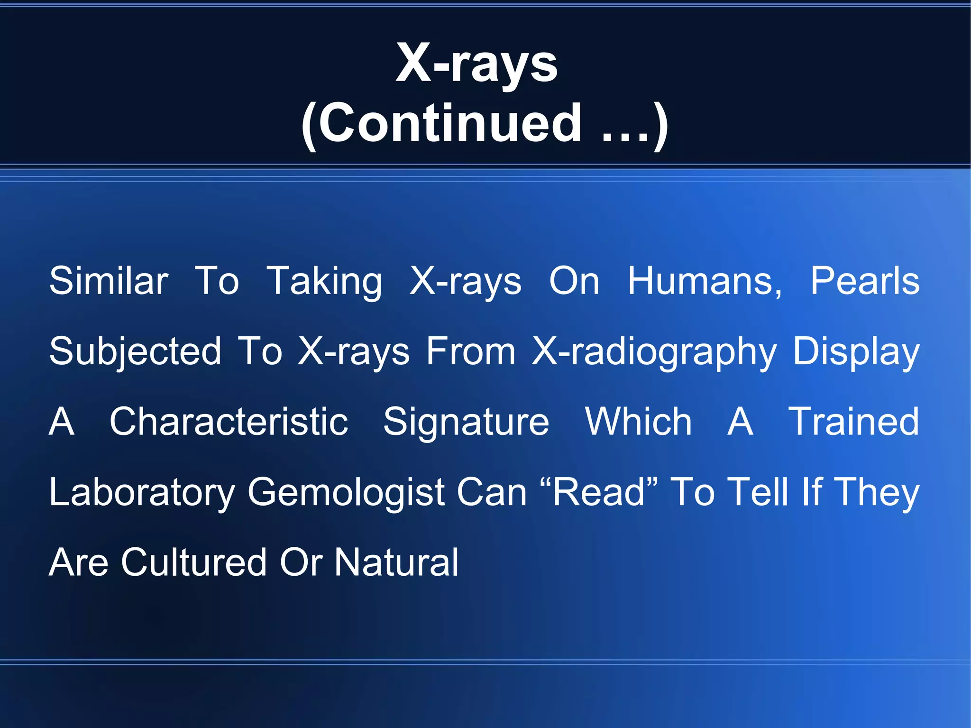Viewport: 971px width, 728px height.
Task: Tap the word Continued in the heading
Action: pos(450,124)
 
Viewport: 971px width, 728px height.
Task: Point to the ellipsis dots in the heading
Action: pos(625,137)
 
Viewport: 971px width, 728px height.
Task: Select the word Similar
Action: pos(109,281)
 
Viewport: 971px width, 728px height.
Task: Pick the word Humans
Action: pos(705,281)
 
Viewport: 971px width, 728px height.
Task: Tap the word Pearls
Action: pos(864,281)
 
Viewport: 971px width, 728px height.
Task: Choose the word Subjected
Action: pos(136,352)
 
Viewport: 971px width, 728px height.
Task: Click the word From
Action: pos(471,351)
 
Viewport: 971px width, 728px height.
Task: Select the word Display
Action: pos(856,352)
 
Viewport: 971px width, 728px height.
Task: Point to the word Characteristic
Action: pos(229,422)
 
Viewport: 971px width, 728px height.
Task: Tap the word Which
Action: pos(639,422)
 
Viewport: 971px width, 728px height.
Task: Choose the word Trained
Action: pos(853,422)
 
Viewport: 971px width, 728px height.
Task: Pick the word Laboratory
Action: pos(142,493)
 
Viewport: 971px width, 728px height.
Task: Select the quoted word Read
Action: pos(599,492)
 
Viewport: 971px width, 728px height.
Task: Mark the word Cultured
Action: pos(194,562)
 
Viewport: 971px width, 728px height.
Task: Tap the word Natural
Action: pos(397,562)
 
